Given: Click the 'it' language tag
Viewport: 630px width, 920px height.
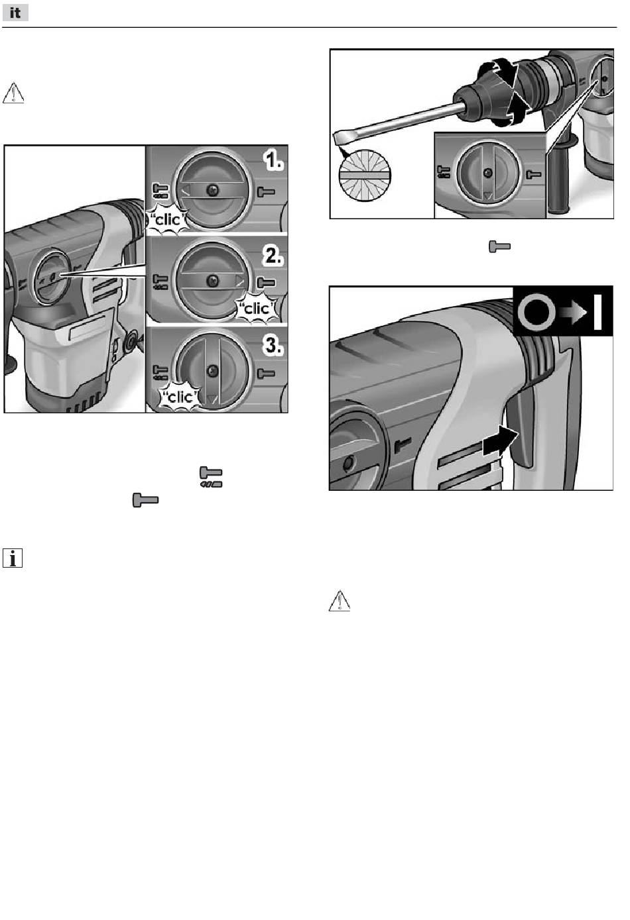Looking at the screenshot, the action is click(15, 13).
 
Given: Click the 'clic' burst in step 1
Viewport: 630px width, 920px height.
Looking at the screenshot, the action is click(167, 220).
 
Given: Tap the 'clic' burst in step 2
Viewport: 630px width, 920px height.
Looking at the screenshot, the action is click(257, 309).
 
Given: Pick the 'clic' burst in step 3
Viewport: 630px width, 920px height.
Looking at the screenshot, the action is click(180, 397).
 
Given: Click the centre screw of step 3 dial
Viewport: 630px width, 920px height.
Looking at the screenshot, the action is click(212, 371).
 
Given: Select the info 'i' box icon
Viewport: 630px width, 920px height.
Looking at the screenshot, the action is click(13, 558).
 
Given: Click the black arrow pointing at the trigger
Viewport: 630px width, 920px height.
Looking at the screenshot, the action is click(500, 440).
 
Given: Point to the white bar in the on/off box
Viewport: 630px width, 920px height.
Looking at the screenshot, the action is click(598, 312).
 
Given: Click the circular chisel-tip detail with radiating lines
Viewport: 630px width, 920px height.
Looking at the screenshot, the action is click(365, 176).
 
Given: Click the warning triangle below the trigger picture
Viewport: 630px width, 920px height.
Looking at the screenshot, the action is click(340, 601).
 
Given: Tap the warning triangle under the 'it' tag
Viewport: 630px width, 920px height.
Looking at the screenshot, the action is click(13, 93).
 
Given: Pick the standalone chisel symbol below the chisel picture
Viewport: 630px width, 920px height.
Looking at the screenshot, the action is click(499, 247).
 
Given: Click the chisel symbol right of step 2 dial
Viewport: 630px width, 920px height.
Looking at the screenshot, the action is click(266, 283).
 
